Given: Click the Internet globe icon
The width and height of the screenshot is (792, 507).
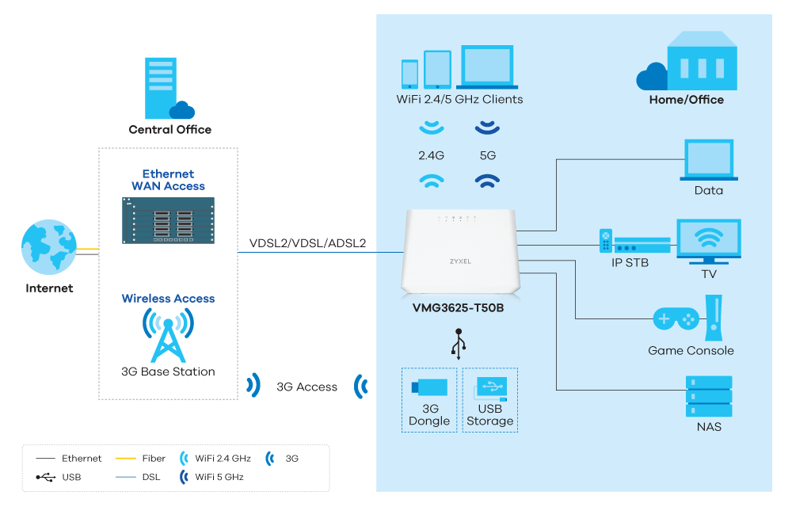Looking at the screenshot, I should [x=48, y=247].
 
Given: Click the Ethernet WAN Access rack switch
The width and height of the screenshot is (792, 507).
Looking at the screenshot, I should [x=168, y=220].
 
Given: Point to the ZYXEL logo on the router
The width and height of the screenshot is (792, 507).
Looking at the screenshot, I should [x=460, y=259].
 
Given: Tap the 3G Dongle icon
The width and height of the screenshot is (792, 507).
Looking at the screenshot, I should [x=429, y=387].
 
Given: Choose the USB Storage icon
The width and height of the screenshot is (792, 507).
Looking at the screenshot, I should [x=489, y=387].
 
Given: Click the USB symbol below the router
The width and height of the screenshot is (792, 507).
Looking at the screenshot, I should [x=459, y=342].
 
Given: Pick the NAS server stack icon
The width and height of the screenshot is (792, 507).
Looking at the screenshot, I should [x=709, y=396].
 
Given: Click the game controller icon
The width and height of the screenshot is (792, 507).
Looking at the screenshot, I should [x=676, y=319].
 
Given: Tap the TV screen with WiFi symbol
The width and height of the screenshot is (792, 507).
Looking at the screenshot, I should [x=708, y=240].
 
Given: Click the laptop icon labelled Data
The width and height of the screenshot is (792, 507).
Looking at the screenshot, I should [x=709, y=161].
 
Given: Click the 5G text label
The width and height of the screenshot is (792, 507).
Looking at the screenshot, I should [x=487, y=155].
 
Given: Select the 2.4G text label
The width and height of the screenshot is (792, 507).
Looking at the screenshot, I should [x=431, y=155].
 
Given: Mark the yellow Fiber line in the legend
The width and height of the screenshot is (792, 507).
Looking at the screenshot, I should [x=126, y=458].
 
